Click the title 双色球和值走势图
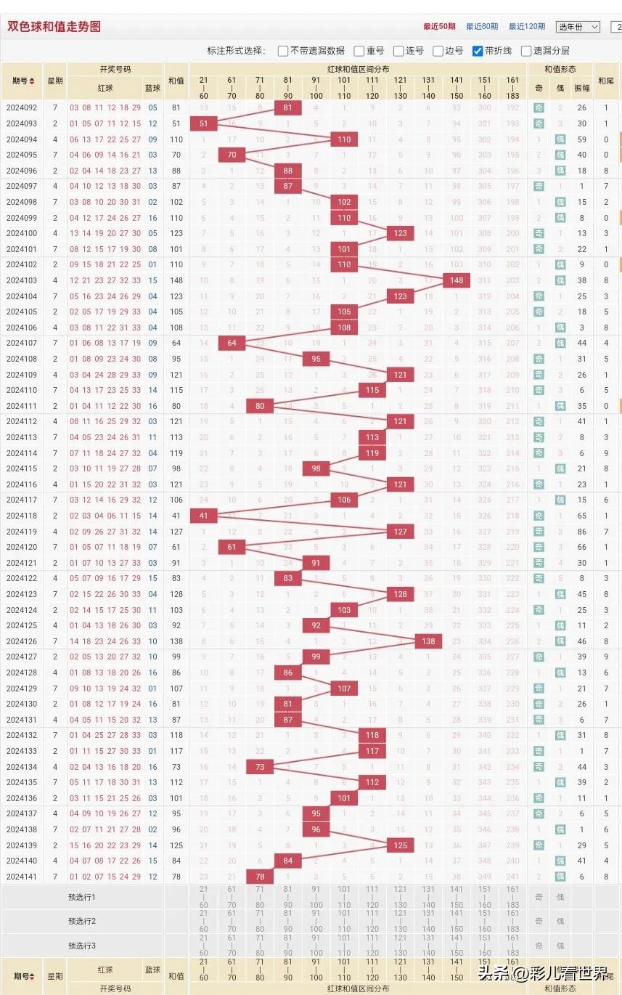[54, 27]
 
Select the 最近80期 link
[482, 27]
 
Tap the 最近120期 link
[526, 27]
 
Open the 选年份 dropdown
[578, 27]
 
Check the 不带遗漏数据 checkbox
[283, 51]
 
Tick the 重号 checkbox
[359, 51]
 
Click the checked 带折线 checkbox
[478, 51]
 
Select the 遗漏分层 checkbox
[526, 51]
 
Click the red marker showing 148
[457, 280]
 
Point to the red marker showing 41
[203, 516]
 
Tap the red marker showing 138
[428, 641]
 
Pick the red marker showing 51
[203, 123]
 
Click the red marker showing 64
[232, 343]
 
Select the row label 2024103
[22, 280]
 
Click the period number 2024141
[22, 877]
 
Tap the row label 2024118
[22, 516]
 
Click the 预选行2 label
[82, 921]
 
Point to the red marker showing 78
[260, 877]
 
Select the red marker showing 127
[400, 531]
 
